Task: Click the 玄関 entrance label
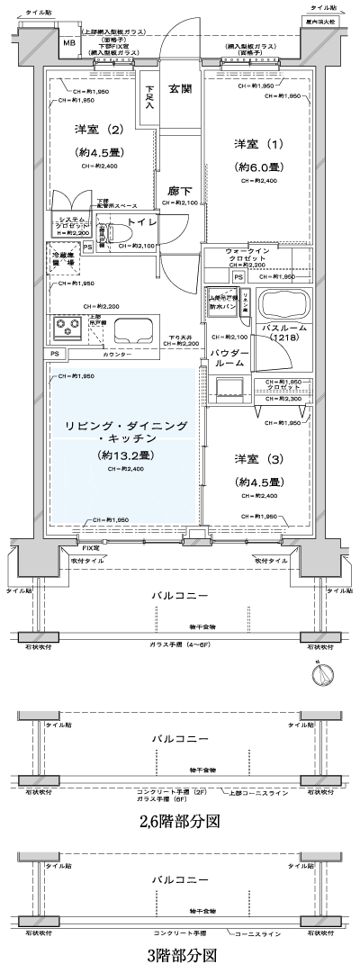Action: coord(180,89)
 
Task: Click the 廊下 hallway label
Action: coord(179,191)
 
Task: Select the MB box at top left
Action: coord(68,43)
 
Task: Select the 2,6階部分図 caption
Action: coord(179,822)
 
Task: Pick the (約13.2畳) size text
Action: coord(124,455)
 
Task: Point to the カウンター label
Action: coord(124,355)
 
